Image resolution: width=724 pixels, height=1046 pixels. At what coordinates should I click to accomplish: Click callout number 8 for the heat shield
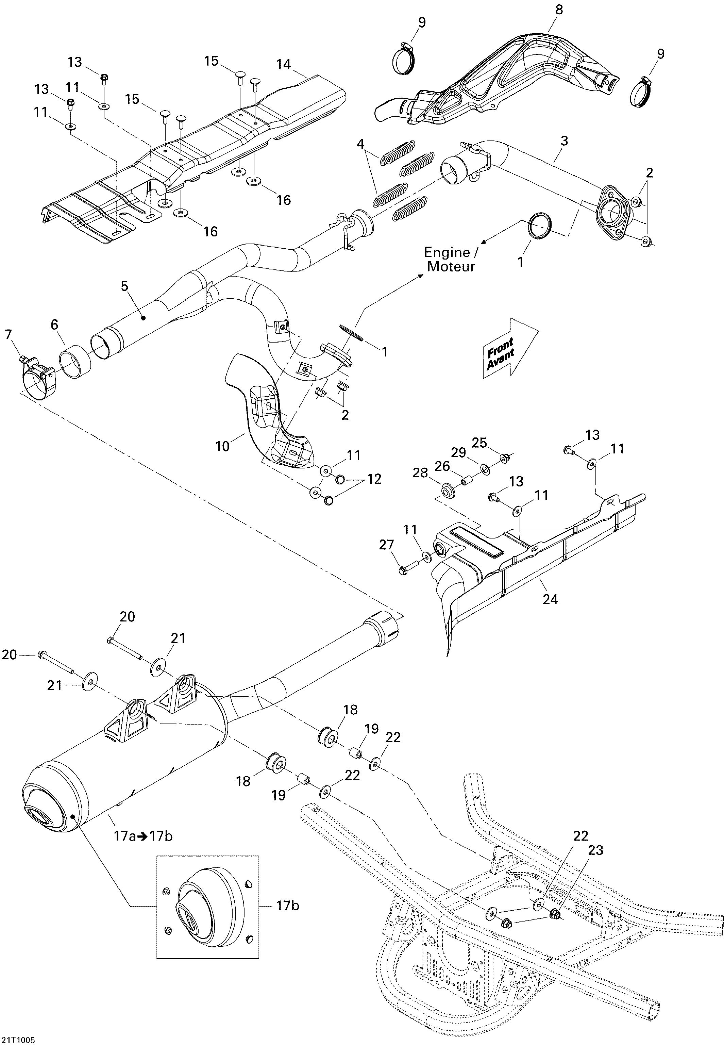pos(559,10)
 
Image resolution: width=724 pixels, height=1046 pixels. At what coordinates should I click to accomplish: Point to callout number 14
pos(284,65)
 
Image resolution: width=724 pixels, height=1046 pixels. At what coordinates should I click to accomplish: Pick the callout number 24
pos(550,599)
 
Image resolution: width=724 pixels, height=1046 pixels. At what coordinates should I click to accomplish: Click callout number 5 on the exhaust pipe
pos(124,286)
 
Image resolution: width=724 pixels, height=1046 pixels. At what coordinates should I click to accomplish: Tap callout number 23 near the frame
pos(595,850)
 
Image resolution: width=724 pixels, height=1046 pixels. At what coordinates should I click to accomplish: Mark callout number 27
pos(387,545)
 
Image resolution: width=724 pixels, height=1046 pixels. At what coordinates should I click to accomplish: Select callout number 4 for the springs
pos(360,144)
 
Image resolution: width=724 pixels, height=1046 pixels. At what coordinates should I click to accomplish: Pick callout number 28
pos(420,473)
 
